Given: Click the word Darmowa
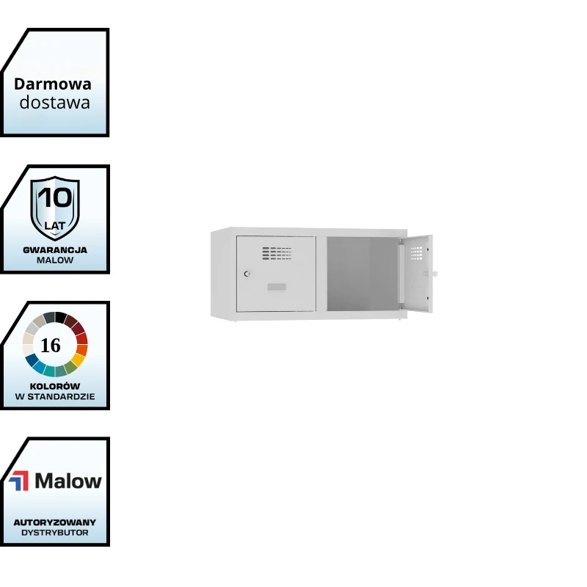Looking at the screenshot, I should point(53,84).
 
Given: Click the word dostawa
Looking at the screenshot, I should point(55,102).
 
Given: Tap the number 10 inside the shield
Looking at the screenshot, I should point(55,197).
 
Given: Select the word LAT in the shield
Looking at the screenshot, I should point(55,225).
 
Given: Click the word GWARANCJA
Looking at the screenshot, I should point(55,249).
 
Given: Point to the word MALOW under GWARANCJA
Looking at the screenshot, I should point(55,260).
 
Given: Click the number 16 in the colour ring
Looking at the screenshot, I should point(51,345).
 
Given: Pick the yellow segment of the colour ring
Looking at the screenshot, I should point(77,360).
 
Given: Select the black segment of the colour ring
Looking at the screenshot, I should point(61,317).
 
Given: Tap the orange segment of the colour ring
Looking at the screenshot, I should point(81,350).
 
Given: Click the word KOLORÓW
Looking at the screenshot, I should point(55,386).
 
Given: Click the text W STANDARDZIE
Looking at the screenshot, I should point(55,396).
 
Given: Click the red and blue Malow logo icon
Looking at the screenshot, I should point(19,481).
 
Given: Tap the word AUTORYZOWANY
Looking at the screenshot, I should point(55,522).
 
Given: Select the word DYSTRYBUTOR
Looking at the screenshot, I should point(55,533).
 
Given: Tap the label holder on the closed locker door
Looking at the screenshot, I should point(277,287).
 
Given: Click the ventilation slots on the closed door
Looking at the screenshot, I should point(277,252).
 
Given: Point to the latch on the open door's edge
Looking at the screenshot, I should point(433,274).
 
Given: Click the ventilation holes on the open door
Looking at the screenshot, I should point(417,252).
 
